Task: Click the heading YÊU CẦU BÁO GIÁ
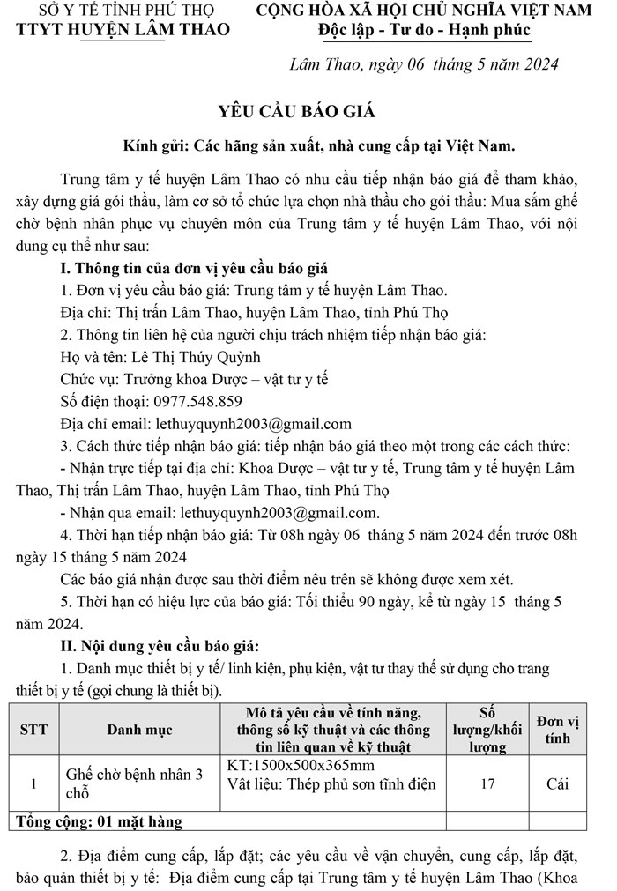[x=296, y=111]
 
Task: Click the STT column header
[x=33, y=730]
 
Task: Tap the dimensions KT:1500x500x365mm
[x=301, y=764]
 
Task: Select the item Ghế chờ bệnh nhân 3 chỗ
[x=134, y=783]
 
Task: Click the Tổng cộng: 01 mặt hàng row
[x=100, y=822]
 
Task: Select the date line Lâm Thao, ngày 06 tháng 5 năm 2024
[x=424, y=64]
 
